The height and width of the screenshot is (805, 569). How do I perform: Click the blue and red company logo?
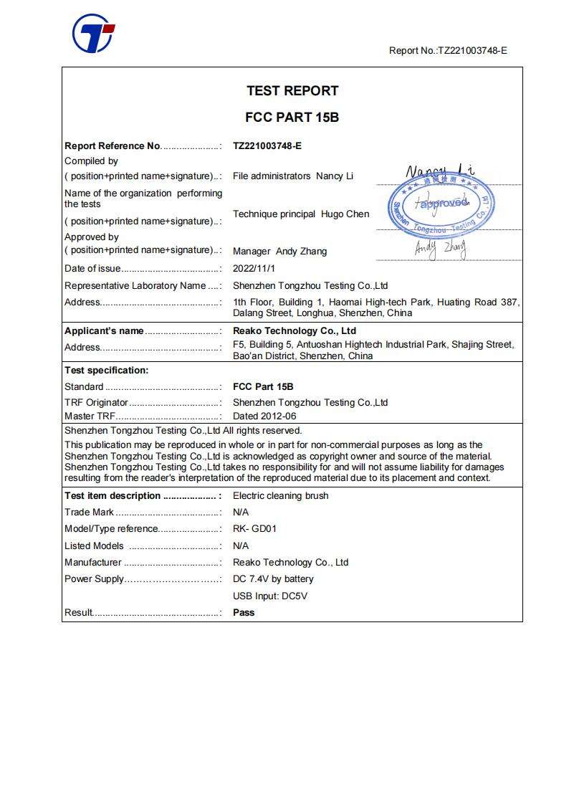[93, 33]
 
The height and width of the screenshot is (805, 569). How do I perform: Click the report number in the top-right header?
[448, 50]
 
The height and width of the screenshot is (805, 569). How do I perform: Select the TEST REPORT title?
[292, 91]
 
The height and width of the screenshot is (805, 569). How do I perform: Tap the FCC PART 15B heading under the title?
[292, 117]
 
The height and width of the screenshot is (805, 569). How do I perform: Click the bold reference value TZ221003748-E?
[267, 146]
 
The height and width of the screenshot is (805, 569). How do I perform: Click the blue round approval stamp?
[441, 204]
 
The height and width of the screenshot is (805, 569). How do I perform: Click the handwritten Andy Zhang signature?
[441, 247]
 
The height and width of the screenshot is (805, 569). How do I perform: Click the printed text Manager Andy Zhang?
[279, 251]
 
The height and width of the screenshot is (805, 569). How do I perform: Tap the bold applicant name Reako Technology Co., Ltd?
[295, 331]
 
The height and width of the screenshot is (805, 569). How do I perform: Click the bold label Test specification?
[107, 371]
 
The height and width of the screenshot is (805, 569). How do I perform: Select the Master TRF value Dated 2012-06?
[264, 416]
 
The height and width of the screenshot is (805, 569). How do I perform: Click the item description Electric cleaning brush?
[281, 495]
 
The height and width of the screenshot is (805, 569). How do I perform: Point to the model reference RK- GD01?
[255, 529]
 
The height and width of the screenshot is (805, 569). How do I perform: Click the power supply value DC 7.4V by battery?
[273, 579]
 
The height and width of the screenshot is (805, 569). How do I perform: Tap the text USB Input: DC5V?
[270, 596]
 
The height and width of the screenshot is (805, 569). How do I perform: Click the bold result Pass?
[244, 612]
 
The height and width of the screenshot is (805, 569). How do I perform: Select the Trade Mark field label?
[90, 513]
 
